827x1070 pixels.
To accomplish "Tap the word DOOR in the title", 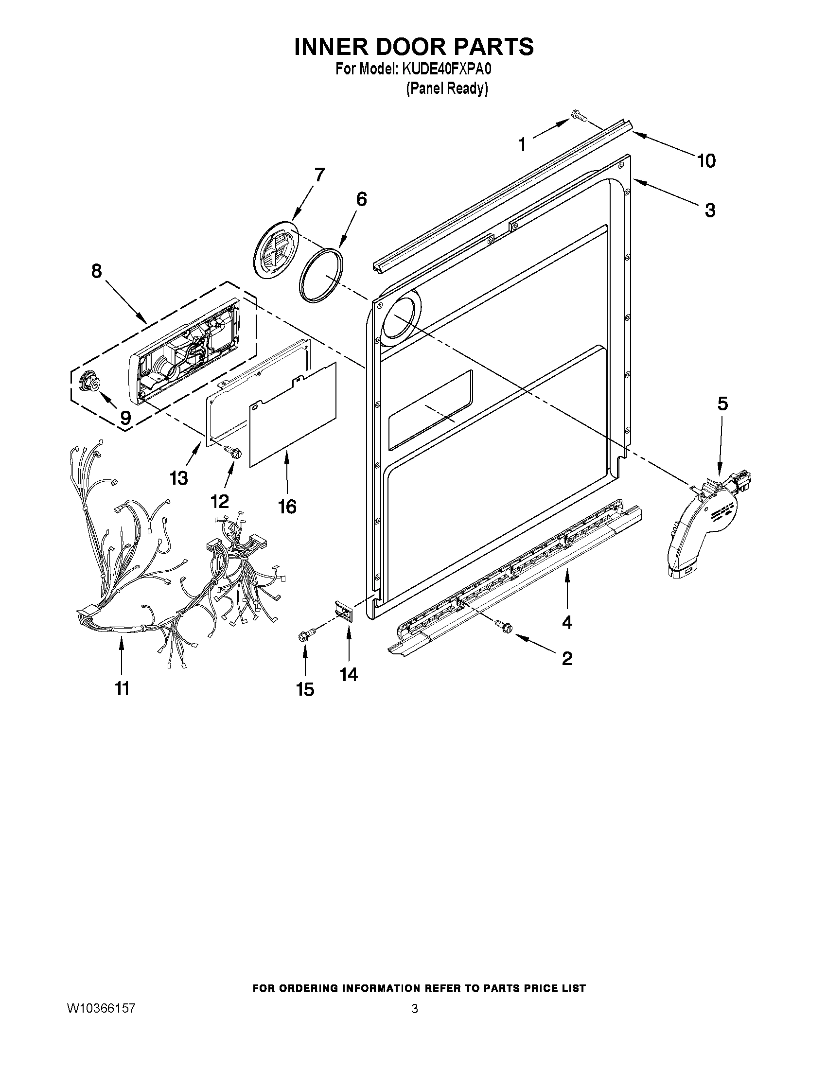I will (394, 47).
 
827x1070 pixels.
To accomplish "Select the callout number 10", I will (706, 161).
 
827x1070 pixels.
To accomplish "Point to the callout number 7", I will (319, 175).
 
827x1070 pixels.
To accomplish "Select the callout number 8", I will (97, 270).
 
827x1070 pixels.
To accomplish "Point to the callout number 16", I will (288, 507).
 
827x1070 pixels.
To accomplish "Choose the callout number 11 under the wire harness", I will (122, 688).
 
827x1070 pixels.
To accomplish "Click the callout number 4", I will (567, 622).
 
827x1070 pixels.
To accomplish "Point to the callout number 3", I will (710, 210).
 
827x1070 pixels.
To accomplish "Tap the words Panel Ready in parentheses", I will (447, 88).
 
